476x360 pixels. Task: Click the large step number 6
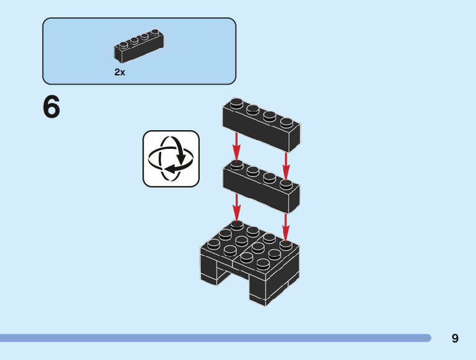52,107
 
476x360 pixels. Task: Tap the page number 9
455,338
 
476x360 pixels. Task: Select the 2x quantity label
119,72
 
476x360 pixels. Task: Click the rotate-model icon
171,159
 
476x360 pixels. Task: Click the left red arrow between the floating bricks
236,148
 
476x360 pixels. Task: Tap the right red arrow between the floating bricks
286,165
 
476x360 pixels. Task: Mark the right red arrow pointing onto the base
286,226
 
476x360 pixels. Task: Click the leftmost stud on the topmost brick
236,103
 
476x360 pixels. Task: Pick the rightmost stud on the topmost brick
286,121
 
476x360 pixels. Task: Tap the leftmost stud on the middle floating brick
236,164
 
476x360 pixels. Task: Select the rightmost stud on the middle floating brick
286,184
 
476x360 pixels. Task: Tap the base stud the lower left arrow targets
236,224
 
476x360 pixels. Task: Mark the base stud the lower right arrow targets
286,244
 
